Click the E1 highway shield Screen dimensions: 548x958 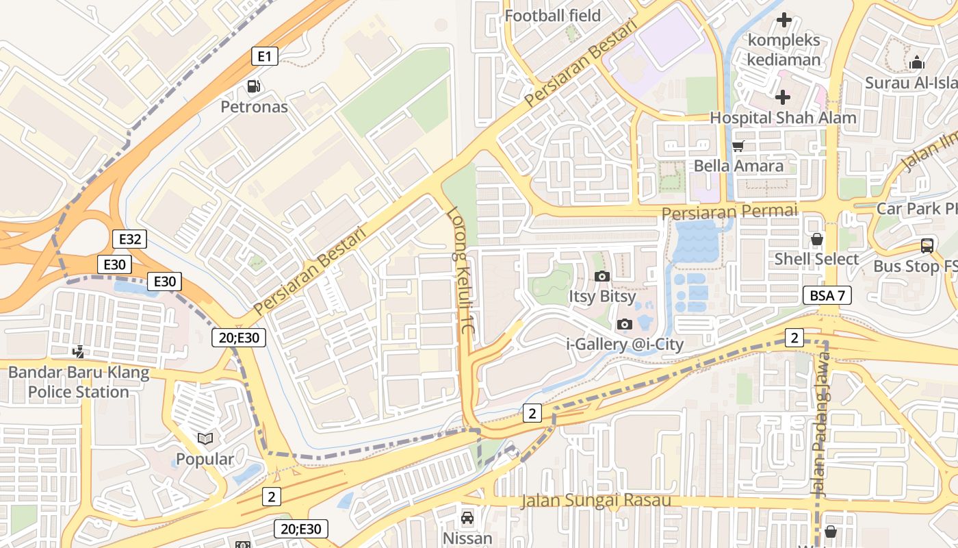(x=264, y=56)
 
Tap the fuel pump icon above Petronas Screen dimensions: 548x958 (x=254, y=86)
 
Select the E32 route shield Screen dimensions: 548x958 (x=129, y=239)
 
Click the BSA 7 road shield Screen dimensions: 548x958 (x=827, y=296)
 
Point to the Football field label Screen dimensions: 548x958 (x=552, y=15)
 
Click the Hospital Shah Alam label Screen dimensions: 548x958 (x=782, y=117)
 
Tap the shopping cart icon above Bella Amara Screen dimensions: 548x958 (x=738, y=146)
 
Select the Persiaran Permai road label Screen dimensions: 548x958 (x=729, y=211)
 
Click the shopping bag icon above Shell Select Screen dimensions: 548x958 (x=816, y=239)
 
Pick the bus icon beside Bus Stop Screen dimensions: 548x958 (x=927, y=246)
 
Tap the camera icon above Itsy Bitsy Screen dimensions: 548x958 (x=602, y=277)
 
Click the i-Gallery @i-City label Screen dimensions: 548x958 (x=625, y=344)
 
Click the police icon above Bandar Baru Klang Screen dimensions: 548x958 (x=79, y=352)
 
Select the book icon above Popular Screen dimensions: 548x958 (x=205, y=438)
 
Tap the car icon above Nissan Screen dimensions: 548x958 (x=467, y=518)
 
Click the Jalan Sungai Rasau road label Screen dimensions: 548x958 (x=595, y=500)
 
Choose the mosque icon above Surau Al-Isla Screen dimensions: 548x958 (x=916, y=63)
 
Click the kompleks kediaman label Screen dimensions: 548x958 (x=784, y=49)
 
